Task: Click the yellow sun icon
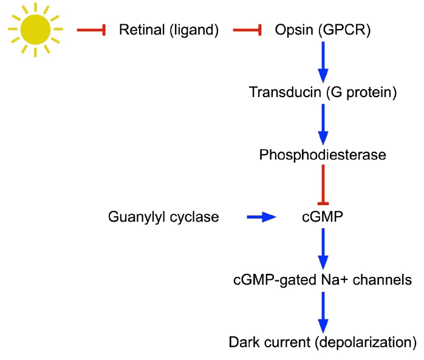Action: coord(35,30)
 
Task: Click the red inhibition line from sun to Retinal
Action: coord(91,30)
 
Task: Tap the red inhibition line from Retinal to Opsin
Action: coord(247,30)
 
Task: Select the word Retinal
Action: coord(142,30)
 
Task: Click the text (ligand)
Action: coord(194,30)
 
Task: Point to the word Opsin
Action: coord(294,30)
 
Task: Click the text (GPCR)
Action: coord(344,30)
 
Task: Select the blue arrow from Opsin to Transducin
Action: coord(323,62)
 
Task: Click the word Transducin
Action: coord(285,92)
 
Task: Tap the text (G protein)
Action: coord(361,93)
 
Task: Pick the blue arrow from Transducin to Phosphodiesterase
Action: coord(323,124)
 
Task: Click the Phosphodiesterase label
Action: coord(323,155)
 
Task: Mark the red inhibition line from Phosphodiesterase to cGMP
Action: coord(323,185)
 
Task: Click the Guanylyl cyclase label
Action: coord(163,217)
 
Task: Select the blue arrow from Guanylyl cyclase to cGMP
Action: coord(261,217)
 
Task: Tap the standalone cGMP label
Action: coord(323,217)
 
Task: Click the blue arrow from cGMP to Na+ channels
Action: coord(323,249)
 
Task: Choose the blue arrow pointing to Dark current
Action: coord(323,313)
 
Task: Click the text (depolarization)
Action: coord(366,342)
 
